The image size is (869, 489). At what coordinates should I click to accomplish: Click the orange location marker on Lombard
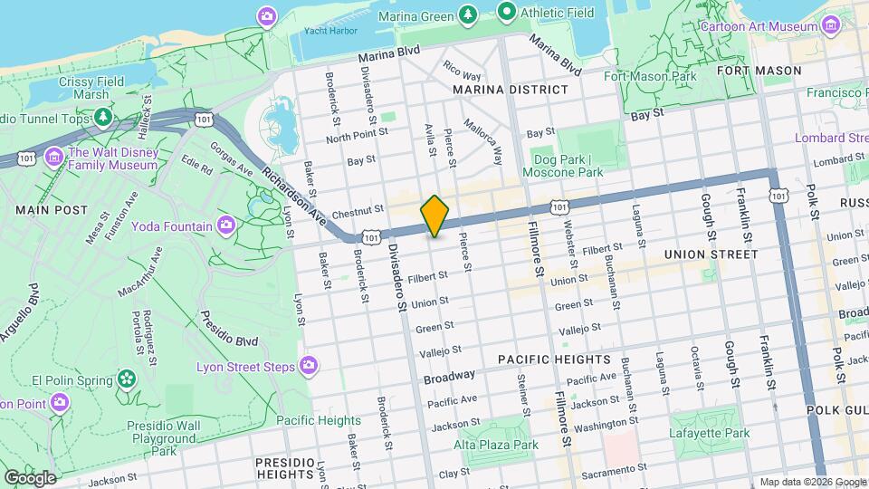tap(434, 216)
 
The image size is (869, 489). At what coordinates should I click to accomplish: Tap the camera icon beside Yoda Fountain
tap(225, 225)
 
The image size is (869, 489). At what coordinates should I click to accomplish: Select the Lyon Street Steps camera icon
tap(309, 365)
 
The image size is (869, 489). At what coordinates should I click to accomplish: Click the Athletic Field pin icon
tap(507, 13)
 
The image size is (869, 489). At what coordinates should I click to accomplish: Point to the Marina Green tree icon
tap(467, 14)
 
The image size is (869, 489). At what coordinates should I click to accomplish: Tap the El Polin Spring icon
tap(127, 378)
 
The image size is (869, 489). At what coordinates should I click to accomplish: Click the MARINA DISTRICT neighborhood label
tap(511, 90)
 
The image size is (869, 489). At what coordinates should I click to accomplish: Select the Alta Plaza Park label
tap(496, 445)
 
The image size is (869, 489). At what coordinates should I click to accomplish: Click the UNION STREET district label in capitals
tap(711, 254)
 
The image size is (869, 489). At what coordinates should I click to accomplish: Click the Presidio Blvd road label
tap(228, 332)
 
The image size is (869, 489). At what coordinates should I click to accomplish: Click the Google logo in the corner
tap(30, 477)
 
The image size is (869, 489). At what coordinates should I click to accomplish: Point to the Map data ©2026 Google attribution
tap(811, 482)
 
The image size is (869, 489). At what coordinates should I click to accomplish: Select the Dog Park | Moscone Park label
tap(563, 165)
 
